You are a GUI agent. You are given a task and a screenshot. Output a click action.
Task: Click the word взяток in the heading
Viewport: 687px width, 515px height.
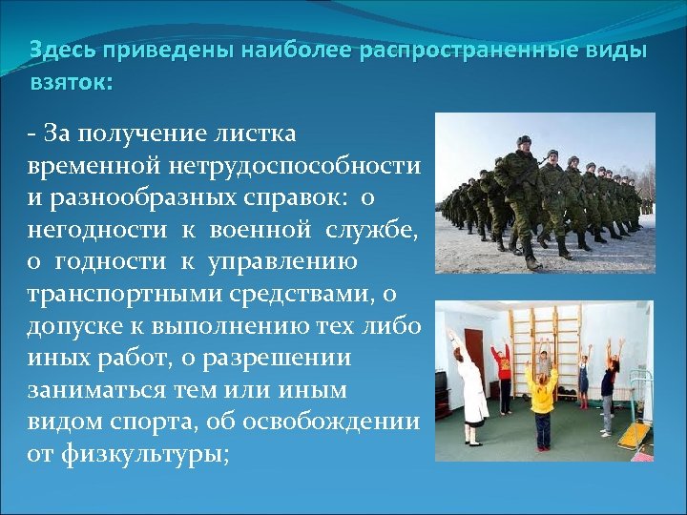pos(70,83)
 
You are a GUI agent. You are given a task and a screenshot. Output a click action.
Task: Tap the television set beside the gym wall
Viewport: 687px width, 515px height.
pos(441,381)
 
